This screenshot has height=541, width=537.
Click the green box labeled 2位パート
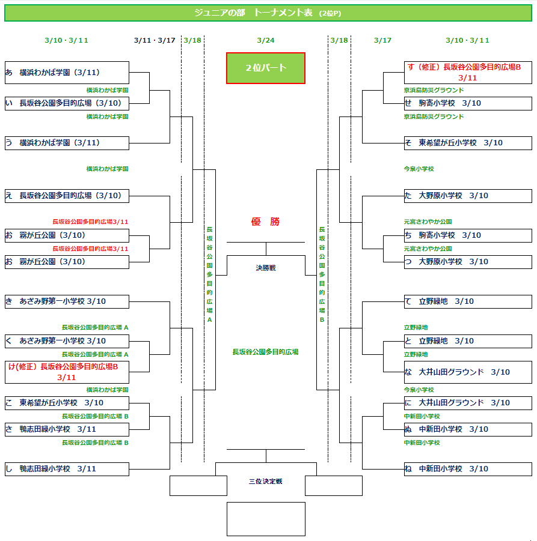(x=266, y=68)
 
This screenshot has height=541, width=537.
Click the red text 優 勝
(x=265, y=222)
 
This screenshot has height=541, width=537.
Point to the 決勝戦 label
(x=265, y=268)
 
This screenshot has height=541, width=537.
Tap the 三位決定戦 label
(x=265, y=481)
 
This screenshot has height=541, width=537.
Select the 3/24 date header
(x=265, y=40)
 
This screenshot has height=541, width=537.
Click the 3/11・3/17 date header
(x=155, y=40)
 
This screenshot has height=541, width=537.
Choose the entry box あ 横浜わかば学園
(x=67, y=73)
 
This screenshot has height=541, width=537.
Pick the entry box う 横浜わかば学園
(x=67, y=143)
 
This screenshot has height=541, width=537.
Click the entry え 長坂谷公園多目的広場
(x=67, y=195)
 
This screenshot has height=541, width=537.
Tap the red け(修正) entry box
(x=67, y=372)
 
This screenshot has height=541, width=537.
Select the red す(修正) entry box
(x=467, y=72)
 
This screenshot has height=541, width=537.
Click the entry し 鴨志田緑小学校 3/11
(x=67, y=469)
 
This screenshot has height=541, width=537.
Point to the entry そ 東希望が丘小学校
(x=467, y=143)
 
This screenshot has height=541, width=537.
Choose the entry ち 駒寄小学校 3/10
(x=467, y=235)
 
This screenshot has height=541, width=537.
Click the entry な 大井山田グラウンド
(x=467, y=372)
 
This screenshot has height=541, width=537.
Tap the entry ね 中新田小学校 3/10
(x=467, y=469)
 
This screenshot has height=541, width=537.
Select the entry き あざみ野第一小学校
(x=67, y=301)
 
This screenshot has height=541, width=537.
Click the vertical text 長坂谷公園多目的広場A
(x=209, y=274)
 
